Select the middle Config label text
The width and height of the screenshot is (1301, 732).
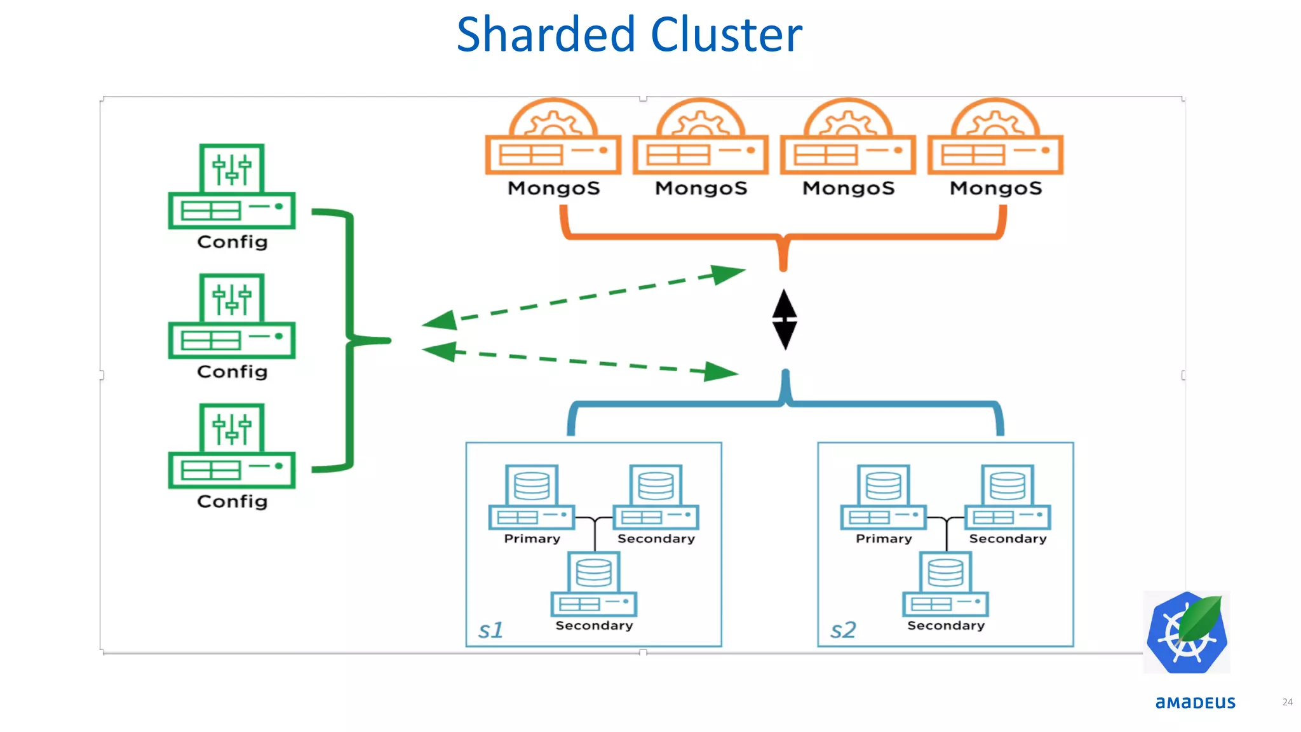point(232,372)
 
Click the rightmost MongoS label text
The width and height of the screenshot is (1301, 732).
point(995,188)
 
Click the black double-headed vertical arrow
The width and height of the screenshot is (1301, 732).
point(785,319)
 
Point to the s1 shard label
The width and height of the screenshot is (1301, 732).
point(490,630)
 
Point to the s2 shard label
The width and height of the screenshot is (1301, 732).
point(843,630)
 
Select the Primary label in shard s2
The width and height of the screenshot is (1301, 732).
point(884,539)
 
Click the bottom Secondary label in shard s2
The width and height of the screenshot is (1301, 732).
point(946,626)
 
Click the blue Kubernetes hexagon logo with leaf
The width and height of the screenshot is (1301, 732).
point(1187,633)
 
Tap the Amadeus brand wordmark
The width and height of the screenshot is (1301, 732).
point(1195,703)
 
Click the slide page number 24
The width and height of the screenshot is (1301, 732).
point(1287,702)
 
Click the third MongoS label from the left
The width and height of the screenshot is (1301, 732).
point(848,188)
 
